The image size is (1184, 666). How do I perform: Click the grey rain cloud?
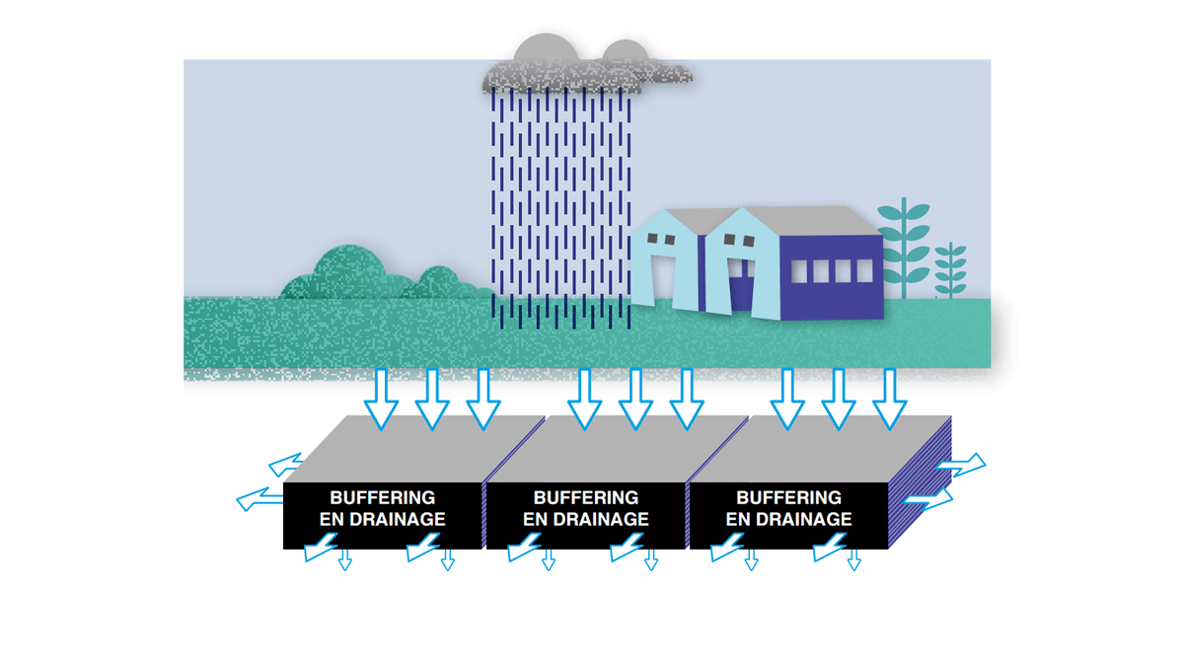(572, 67)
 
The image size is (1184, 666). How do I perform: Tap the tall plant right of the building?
(904, 247)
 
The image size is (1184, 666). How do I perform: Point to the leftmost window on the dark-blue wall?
(799, 270)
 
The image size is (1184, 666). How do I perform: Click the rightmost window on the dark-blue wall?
(864, 270)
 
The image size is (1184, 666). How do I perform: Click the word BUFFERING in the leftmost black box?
(383, 498)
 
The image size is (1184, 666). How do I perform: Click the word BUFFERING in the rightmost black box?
(789, 498)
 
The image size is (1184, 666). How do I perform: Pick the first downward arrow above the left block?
(381, 400)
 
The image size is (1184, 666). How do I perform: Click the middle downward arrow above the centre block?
(635, 400)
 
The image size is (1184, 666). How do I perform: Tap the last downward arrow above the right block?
(890, 400)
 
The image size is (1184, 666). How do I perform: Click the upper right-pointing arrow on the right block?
(962, 464)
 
